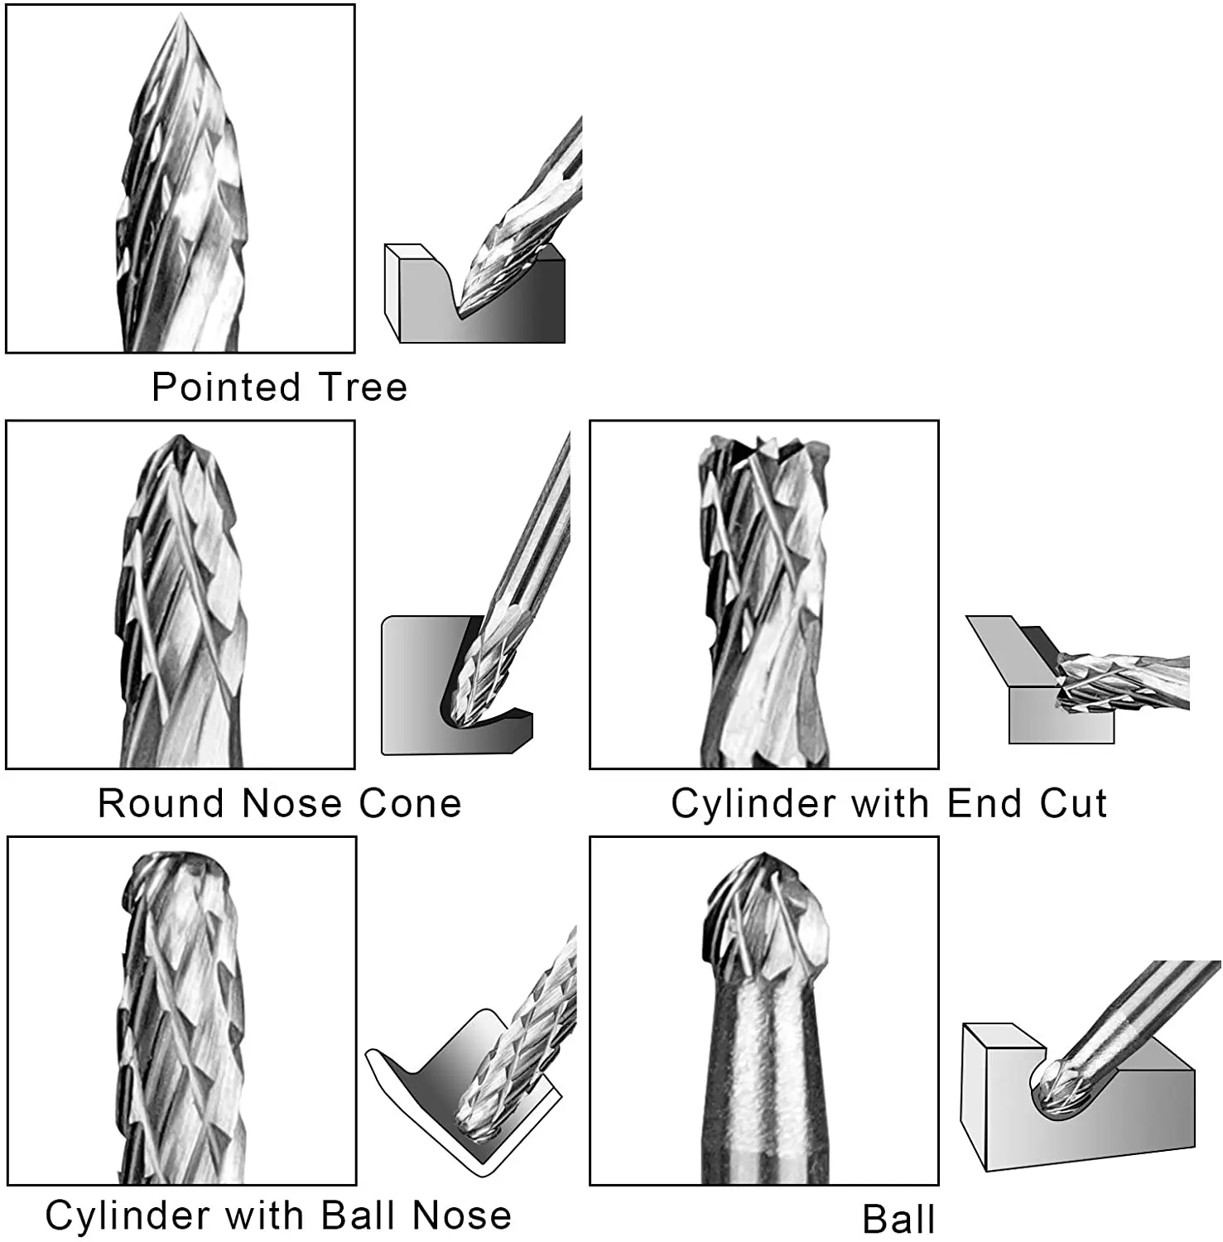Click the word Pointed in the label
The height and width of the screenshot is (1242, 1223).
[225, 388]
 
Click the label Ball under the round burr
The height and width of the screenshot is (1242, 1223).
[898, 1220]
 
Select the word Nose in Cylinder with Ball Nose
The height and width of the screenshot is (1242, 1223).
[461, 1216]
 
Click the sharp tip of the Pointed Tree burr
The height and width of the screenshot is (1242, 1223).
[181, 18]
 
